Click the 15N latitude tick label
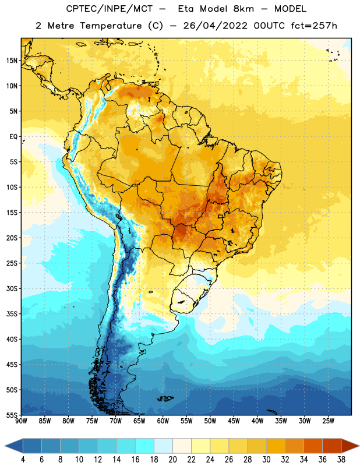pos(12,61)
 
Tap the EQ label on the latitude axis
pos(13,137)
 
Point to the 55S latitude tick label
pos(12,415)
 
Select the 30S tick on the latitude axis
pos(12,288)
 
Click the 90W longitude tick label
pos(21,421)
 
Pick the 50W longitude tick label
pos(210,421)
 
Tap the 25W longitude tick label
pos(328,421)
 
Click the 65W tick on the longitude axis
pos(139,421)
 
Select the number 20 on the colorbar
pos(172,460)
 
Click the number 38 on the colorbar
pos(341,460)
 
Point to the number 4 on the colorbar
pos(23,460)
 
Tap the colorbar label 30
pos(266,460)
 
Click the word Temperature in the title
pos(111,26)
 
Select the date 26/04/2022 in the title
pos(215,26)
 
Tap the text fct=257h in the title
pos(314,26)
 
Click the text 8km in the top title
pos(243,9)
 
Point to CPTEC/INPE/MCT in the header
pos(110,9)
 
